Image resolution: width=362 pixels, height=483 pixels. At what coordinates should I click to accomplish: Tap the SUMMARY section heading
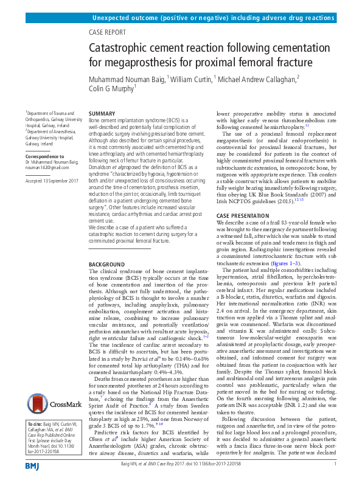point(102,114)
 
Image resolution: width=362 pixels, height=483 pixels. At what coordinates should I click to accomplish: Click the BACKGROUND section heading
point(107,264)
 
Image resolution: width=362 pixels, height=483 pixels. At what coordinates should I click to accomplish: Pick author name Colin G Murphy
point(111,89)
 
